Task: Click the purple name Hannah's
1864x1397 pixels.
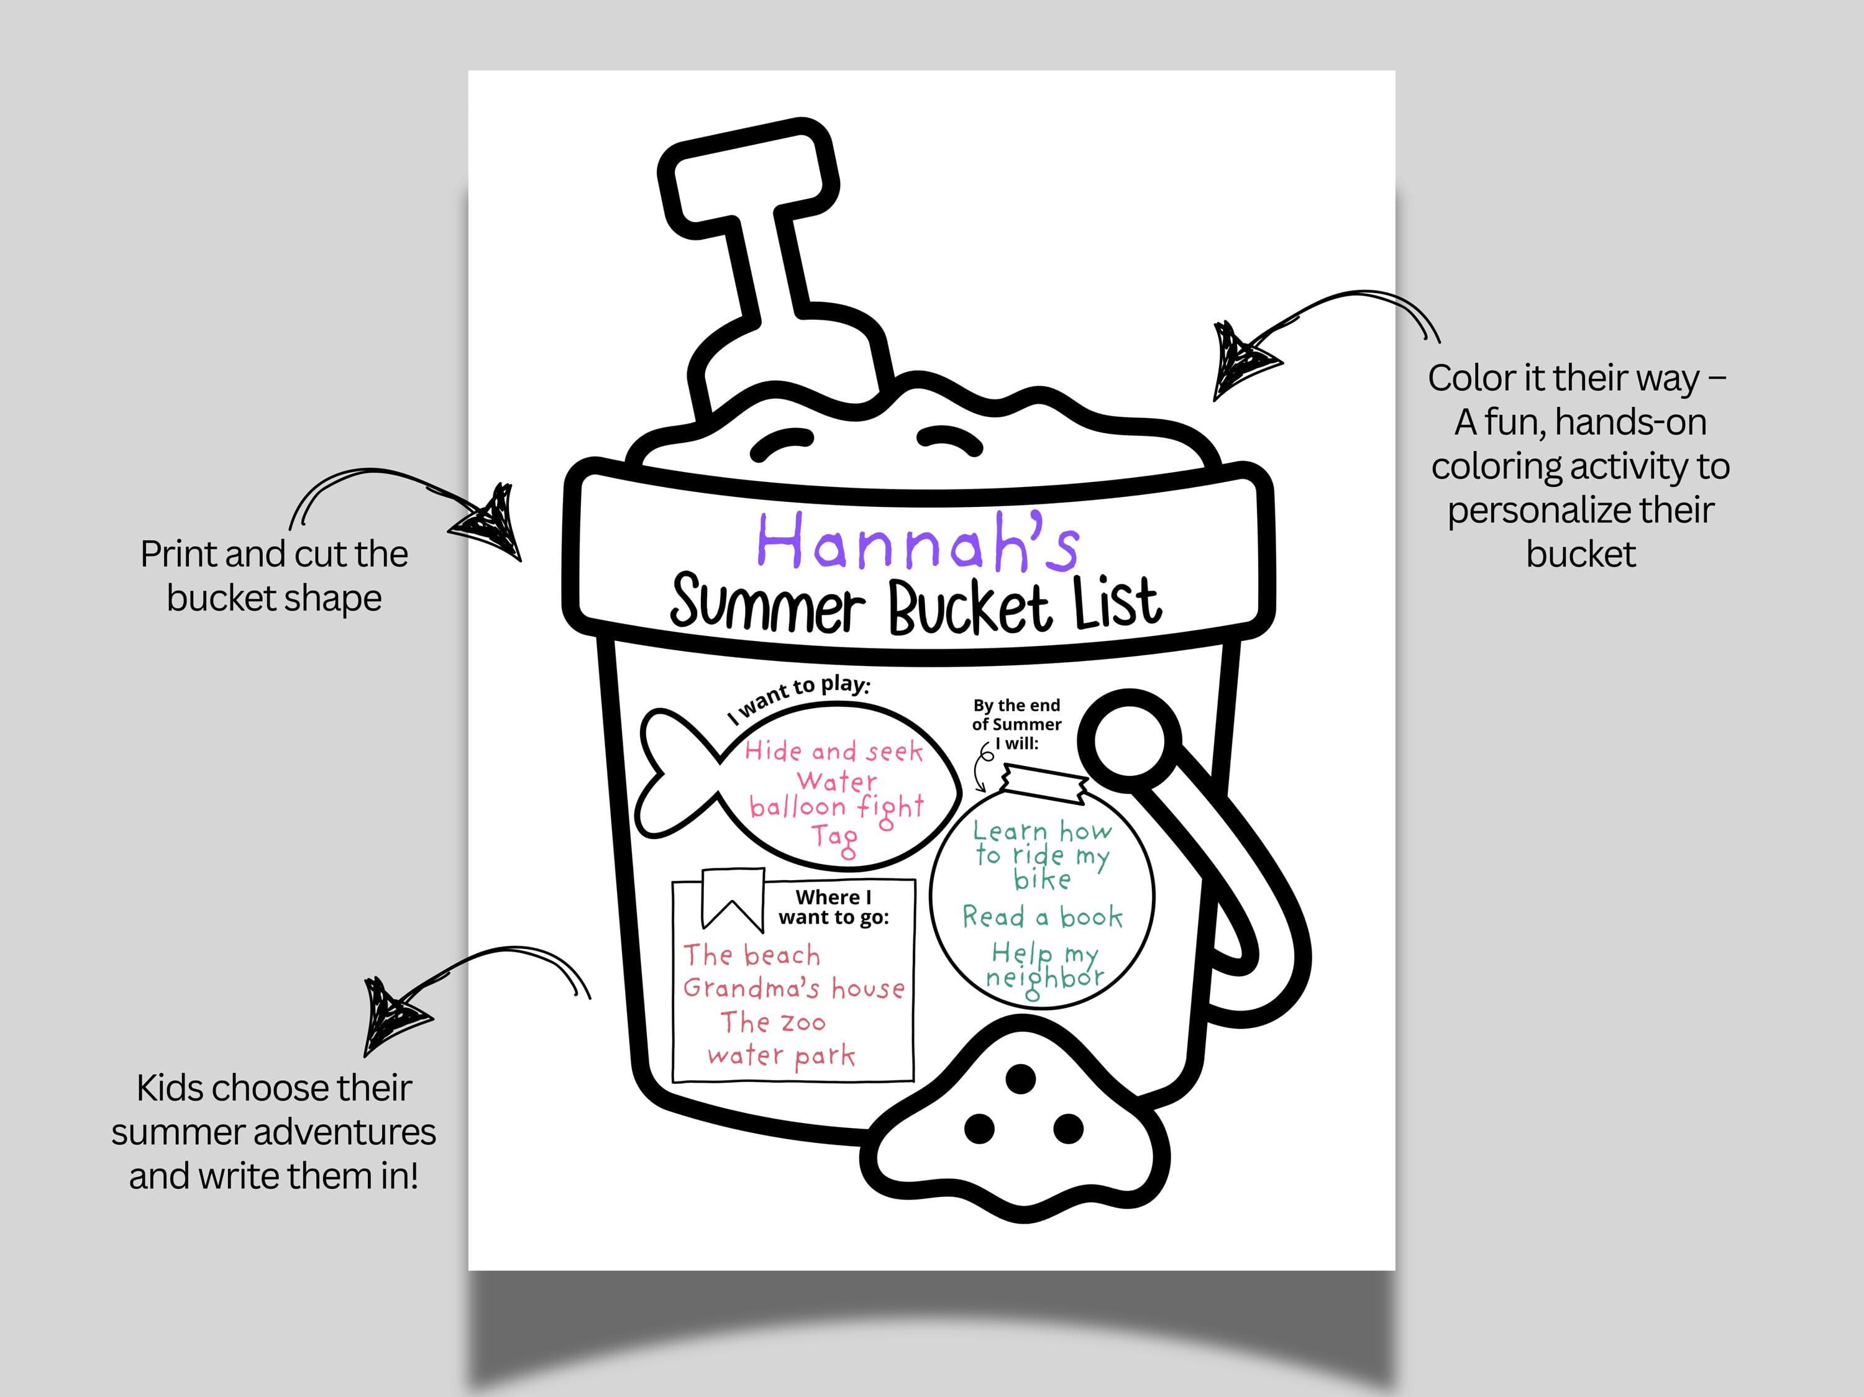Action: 918,541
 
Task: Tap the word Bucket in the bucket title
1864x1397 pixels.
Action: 970,605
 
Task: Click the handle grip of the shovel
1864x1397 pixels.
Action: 748,175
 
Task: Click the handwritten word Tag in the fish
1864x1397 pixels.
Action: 834,839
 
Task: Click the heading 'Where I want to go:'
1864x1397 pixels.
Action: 833,907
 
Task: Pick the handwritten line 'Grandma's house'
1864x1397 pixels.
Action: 794,988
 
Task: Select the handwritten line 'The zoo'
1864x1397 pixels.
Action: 773,1022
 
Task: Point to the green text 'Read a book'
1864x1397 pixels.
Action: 1043,917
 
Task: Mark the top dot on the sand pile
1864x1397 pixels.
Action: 1021,1078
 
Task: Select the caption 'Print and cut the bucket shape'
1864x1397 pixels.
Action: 274,575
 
